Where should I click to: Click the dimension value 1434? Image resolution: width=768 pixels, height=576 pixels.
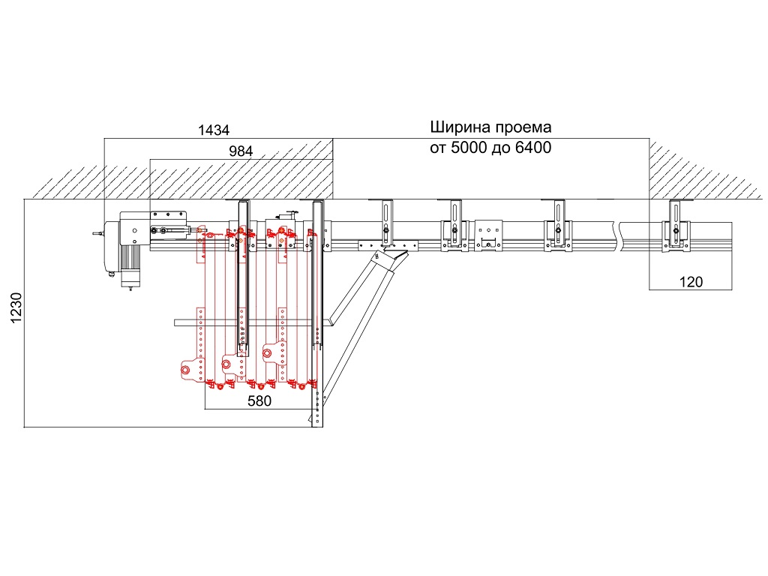[213, 130]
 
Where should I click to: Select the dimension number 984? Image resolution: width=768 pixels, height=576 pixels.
[241, 150]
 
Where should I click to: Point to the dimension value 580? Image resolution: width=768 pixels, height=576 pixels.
[259, 400]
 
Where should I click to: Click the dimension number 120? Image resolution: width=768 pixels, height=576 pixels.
[690, 282]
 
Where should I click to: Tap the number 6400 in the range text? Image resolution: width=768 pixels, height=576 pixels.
[533, 148]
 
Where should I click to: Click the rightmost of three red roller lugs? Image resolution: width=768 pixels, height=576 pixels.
[268, 350]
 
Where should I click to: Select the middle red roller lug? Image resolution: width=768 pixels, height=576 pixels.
[227, 364]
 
